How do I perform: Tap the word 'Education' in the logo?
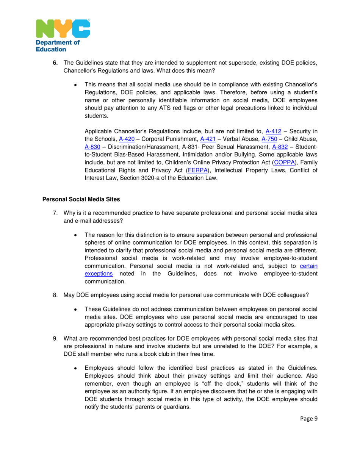pyautogui.click(x=51, y=49)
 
